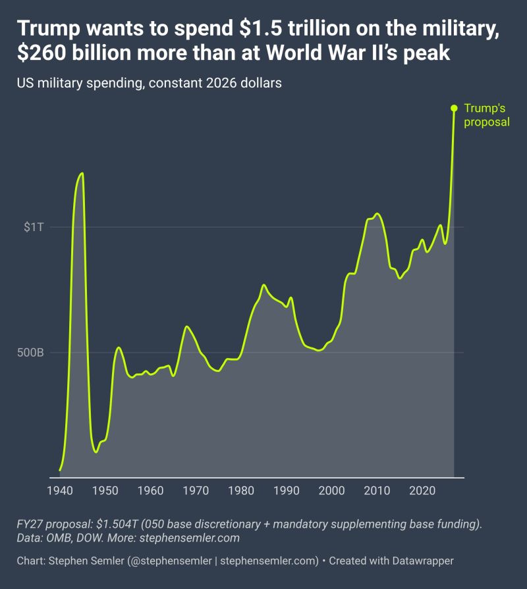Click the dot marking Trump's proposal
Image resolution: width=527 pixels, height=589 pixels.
[454, 108]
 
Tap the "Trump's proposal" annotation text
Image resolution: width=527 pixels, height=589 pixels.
[486, 115]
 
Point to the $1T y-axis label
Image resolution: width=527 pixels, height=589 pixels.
[34, 227]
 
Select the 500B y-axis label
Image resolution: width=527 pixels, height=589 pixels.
[30, 353]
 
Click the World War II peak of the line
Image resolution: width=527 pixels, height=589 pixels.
[82, 173]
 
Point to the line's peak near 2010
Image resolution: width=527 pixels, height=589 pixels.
[377, 213]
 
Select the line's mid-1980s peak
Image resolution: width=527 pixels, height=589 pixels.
[263, 285]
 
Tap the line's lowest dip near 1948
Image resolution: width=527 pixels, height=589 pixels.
[96, 452]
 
